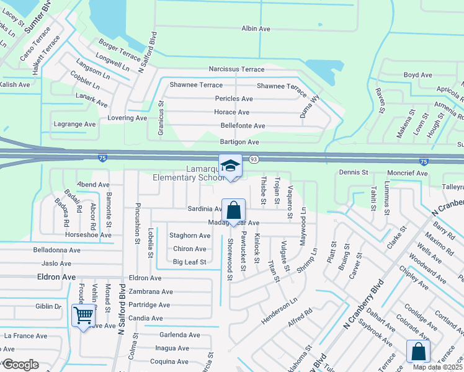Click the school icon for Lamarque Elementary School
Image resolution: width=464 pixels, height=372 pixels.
pyautogui.click(x=230, y=166)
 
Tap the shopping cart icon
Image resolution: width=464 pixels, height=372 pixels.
pyautogui.click(x=83, y=316)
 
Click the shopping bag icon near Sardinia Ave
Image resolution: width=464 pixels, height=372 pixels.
pyautogui.click(x=233, y=210)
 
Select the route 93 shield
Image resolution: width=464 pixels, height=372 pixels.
pyautogui.click(x=254, y=159)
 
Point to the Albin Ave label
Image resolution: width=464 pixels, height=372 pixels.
pyautogui.click(x=256, y=29)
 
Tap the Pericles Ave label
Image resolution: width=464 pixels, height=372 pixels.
pyautogui.click(x=234, y=99)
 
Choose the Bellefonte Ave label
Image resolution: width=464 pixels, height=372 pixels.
pyautogui.click(x=243, y=126)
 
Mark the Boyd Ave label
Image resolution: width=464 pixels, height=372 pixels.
pyautogui.click(x=417, y=75)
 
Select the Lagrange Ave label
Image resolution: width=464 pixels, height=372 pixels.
pyautogui.click(x=75, y=124)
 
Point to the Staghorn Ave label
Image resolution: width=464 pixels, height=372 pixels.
pyautogui.click(x=190, y=236)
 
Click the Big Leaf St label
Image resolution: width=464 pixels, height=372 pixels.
pyautogui.click(x=189, y=262)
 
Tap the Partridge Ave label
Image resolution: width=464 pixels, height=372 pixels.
pyautogui.click(x=149, y=305)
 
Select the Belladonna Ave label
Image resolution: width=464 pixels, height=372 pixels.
pyautogui.click(x=57, y=250)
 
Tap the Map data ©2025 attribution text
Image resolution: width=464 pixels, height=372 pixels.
pyautogui.click(x=437, y=367)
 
